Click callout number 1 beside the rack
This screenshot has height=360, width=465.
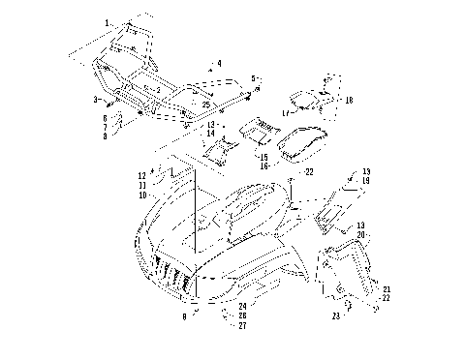[108, 21]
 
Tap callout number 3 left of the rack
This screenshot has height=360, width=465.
[96, 99]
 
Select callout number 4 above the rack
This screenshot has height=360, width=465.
[219, 63]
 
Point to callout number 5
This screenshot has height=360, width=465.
[253, 77]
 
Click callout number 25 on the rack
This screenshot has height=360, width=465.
[206, 104]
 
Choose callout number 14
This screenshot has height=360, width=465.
[210, 133]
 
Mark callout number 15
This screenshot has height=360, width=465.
[263, 156]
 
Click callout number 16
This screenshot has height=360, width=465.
[263, 165]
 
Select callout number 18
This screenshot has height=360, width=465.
[349, 100]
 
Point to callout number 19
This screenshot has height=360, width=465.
[365, 180]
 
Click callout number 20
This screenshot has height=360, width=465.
[361, 235]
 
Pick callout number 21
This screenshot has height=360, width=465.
[386, 289]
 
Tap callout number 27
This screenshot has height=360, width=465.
[241, 326]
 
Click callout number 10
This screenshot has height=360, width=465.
[141, 195]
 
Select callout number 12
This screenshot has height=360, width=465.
[141, 175]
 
